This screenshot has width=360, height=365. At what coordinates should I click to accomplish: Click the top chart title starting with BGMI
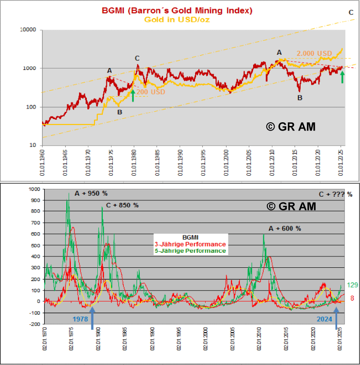[177, 10]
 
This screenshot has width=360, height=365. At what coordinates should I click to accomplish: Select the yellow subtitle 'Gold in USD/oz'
[177, 19]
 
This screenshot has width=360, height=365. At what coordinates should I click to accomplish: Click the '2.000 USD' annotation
[314, 53]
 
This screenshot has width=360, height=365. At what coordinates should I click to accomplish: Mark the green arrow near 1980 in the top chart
[133, 95]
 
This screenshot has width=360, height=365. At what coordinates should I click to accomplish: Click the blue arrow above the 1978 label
[92, 318]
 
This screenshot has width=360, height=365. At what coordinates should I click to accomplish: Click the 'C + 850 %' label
[120, 205]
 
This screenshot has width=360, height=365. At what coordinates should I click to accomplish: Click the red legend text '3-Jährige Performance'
[191, 244]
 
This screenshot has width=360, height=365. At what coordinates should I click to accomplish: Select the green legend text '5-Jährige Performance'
[191, 250]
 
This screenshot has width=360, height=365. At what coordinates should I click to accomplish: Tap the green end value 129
[352, 285]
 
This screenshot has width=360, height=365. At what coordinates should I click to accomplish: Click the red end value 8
[352, 298]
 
